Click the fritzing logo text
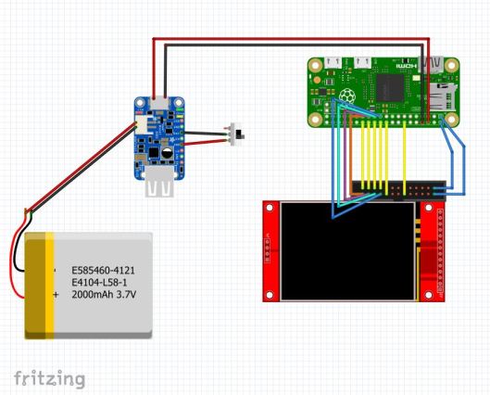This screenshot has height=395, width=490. [49, 378]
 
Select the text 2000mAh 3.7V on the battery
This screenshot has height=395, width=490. [104, 295]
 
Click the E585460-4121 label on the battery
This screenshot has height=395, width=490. [104, 271]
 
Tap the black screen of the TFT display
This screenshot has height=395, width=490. [348, 250]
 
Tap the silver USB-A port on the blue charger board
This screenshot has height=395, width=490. [159, 188]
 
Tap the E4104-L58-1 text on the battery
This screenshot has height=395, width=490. [104, 283]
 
